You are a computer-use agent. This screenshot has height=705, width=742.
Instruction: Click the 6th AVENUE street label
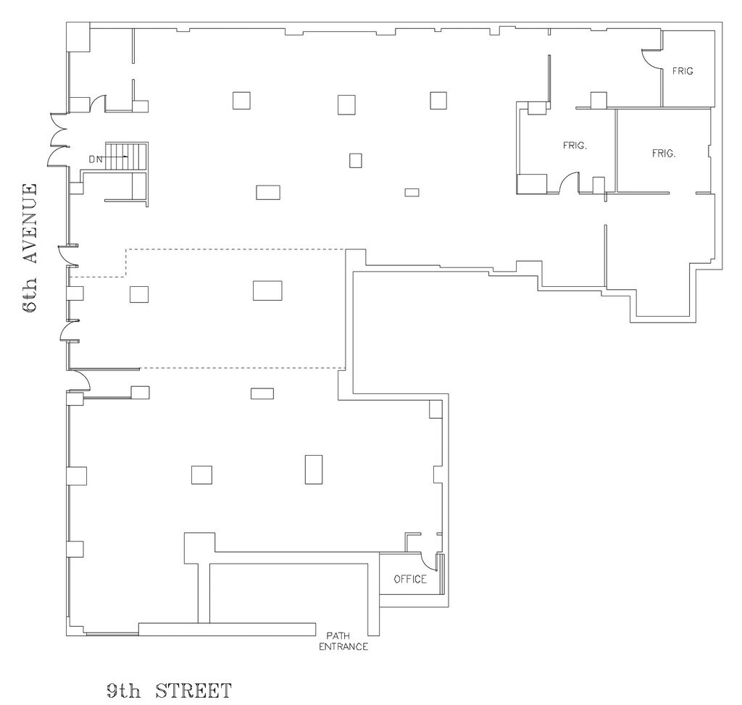click(30, 248)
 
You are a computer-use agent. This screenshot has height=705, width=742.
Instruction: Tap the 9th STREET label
click(168, 688)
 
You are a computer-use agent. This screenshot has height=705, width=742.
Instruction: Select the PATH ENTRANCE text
click(343, 641)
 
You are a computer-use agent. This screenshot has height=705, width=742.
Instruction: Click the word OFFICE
click(410, 579)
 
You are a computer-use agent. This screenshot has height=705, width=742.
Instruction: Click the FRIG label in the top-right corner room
click(683, 71)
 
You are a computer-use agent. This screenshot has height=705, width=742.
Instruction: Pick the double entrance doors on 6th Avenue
click(57, 139)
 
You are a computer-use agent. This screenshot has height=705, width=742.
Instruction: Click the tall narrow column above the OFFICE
click(314, 469)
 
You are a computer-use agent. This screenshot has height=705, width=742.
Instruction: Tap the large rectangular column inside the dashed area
click(267, 290)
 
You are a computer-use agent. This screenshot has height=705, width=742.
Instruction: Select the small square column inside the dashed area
click(139, 294)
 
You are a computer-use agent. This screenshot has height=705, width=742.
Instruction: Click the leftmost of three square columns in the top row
click(241, 100)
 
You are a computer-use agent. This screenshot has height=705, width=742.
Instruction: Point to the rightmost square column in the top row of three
click(438, 100)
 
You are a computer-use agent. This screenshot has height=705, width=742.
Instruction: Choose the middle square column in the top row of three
click(346, 104)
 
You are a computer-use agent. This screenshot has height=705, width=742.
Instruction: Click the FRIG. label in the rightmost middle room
click(664, 154)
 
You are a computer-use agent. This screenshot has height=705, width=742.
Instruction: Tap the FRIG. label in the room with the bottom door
click(575, 145)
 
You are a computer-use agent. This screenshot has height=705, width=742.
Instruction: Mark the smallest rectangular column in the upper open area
click(412, 192)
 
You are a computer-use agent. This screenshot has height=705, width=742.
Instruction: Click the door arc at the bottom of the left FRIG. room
click(568, 183)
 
